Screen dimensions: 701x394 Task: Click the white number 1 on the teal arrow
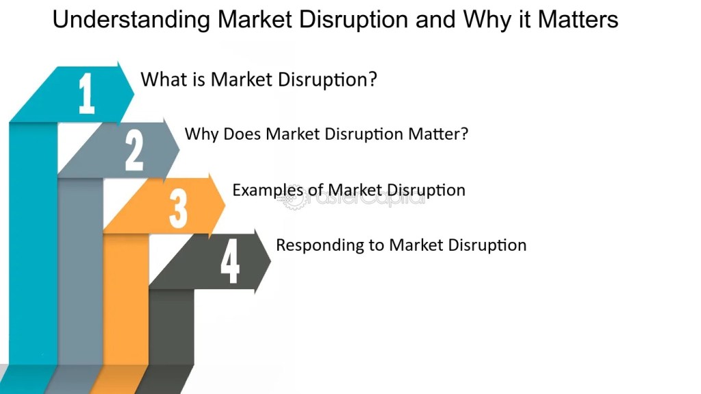(x=87, y=93)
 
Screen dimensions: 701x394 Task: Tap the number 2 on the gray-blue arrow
(x=134, y=150)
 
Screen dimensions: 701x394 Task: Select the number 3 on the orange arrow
(x=178, y=208)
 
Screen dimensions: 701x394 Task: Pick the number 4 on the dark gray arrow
(x=230, y=261)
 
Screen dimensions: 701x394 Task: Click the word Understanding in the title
(x=131, y=20)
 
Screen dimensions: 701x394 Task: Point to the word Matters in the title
(x=578, y=20)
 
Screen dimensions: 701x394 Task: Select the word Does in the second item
(x=242, y=134)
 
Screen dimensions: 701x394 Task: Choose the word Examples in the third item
(x=268, y=190)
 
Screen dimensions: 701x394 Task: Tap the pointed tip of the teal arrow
(x=133, y=93)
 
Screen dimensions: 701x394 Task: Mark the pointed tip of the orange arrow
(x=225, y=206)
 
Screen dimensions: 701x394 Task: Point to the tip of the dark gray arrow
(x=271, y=260)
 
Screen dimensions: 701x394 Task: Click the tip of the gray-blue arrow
(x=179, y=149)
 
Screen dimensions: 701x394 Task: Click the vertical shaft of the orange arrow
(x=126, y=299)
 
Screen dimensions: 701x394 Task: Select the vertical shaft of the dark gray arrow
(x=172, y=327)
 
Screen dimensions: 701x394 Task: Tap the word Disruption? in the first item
(x=327, y=79)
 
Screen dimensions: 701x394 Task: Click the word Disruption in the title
(x=353, y=20)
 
